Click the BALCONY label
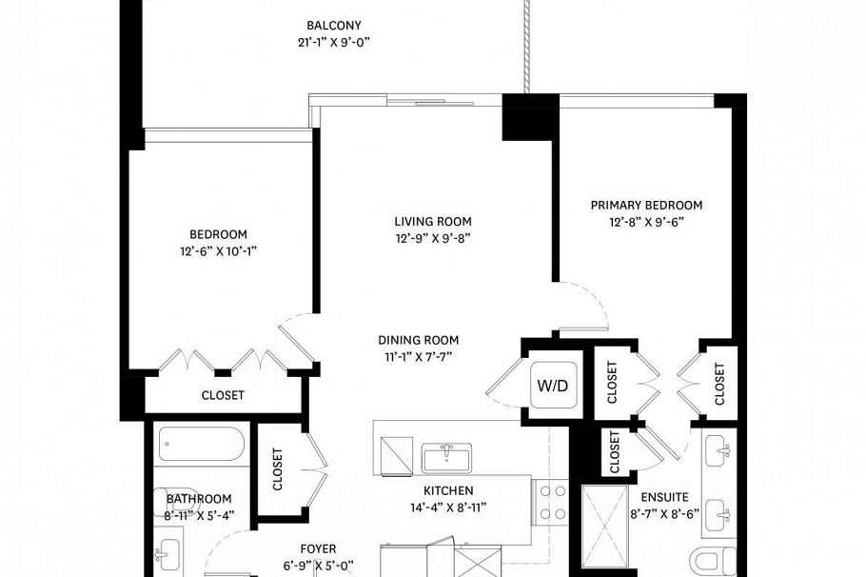(334, 25)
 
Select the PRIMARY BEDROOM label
(646, 205)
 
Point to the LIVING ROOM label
(433, 221)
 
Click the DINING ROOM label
(419, 340)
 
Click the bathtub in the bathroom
(202, 444)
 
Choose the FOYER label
(318, 548)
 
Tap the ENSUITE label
(663, 497)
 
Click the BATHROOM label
(199, 499)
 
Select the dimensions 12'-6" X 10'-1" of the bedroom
(218, 250)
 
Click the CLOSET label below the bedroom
(223, 395)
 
